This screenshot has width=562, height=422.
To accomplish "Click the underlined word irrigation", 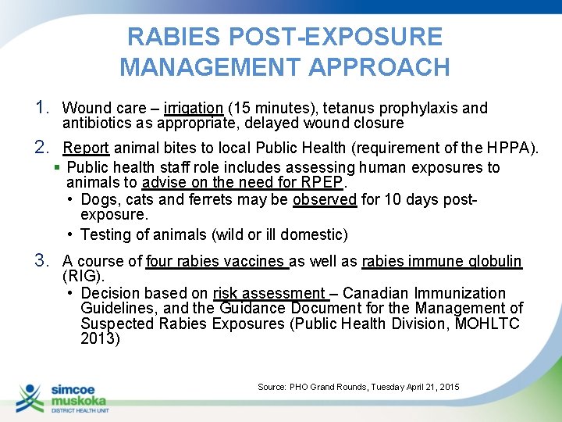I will coord(194,108).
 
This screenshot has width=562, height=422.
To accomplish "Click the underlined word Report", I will coord(87,148).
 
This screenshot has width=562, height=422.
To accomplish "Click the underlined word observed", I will coord(325,199).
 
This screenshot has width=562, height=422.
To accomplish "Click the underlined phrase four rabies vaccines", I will coord(216,261).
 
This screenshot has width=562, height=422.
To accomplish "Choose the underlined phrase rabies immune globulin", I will coord(442,261).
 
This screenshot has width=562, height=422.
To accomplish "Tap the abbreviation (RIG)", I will coord(83,276).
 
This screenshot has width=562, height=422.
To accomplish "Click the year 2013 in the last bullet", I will coord(99,338).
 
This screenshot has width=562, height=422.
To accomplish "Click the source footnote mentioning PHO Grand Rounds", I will coord(358,387).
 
